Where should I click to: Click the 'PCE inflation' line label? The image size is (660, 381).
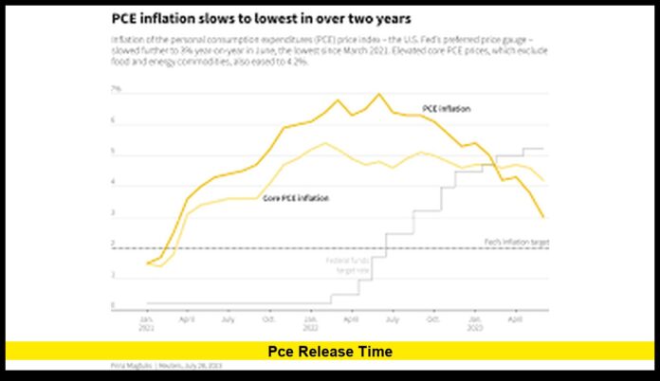coord(447,109)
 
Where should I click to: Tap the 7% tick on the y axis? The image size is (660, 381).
coord(117,89)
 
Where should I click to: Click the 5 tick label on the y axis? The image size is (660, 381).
coord(114,152)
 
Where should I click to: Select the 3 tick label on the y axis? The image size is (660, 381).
coord(114,213)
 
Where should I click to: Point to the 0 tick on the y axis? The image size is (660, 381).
coord(114,305)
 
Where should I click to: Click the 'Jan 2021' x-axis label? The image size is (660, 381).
coord(147,323)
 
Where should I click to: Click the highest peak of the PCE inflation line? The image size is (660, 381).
coord(378,94)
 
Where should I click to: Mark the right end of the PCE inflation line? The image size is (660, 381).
coord(543,217)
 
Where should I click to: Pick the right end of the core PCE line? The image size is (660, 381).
coord(543,180)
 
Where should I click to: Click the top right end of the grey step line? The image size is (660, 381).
coord(542,149)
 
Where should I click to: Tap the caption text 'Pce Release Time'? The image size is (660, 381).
coord(329,352)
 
